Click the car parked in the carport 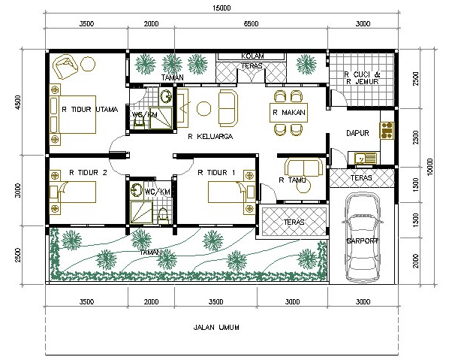click(363, 238)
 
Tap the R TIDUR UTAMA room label click(90, 109)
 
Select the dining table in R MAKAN click(288, 112)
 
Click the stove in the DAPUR click(387, 131)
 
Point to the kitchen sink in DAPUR click(363, 158)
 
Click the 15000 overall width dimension click(221, 8)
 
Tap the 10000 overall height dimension click(429, 167)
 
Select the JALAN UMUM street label click(216, 328)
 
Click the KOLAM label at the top click(252, 56)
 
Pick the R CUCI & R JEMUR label click(362, 78)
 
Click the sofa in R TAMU click(304, 167)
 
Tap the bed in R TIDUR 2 click(73, 192)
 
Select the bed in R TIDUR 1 click(231, 192)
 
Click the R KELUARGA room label click(210, 137)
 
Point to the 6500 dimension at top click(251, 23)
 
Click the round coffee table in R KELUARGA click(203, 108)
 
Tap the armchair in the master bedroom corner click(65, 67)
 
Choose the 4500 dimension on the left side click(18, 102)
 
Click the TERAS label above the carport click(361, 177)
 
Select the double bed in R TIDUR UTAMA click(73, 114)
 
